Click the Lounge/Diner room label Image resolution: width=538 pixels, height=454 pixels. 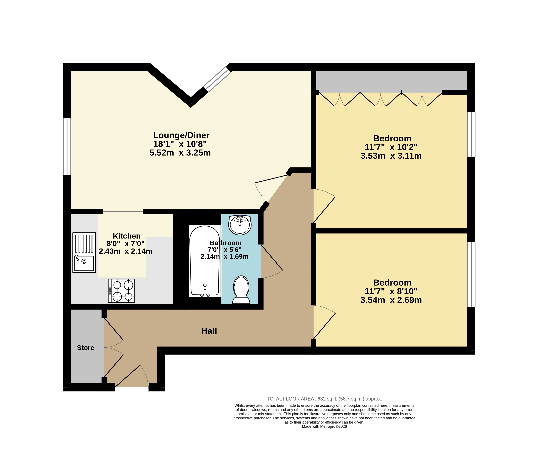181,135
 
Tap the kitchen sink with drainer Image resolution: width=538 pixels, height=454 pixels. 84,253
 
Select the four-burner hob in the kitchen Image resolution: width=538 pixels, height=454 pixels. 121,291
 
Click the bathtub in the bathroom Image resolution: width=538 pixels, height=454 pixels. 205,261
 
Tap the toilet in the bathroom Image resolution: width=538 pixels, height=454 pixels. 241,290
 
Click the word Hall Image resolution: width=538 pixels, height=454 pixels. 209,331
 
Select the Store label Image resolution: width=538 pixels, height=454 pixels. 86,348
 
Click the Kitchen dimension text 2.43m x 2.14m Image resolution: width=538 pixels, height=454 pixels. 125,251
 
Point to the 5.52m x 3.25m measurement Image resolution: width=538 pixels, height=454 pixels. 180,153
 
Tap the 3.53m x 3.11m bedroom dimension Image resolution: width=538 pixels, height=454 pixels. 391,156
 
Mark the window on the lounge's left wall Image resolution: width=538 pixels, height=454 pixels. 67,146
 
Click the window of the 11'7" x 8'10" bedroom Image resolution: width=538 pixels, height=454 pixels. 471,274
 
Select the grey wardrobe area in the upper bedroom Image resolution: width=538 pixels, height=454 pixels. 392,81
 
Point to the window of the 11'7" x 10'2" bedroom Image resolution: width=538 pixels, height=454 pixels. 471,134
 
